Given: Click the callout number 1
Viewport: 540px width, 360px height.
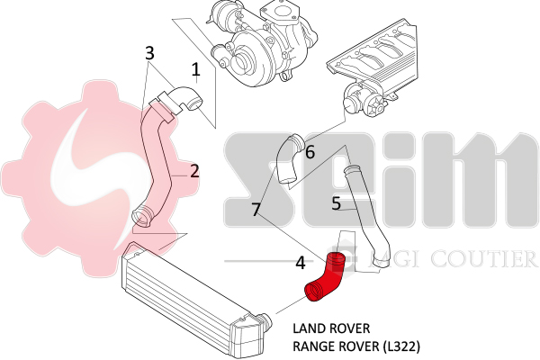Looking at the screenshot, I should click(x=195, y=68).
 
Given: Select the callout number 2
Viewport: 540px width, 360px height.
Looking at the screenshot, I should click(x=193, y=170).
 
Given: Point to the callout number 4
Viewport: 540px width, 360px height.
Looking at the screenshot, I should click(x=301, y=263).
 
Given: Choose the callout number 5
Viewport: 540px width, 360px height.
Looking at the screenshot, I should click(x=336, y=203).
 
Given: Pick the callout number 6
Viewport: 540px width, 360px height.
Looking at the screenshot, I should click(x=310, y=152).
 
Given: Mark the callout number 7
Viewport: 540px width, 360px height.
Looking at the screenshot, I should click(x=256, y=210).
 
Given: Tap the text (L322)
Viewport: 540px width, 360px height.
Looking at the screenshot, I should click(x=400, y=345).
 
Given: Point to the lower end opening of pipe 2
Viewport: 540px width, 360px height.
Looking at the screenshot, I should click(x=140, y=216).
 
